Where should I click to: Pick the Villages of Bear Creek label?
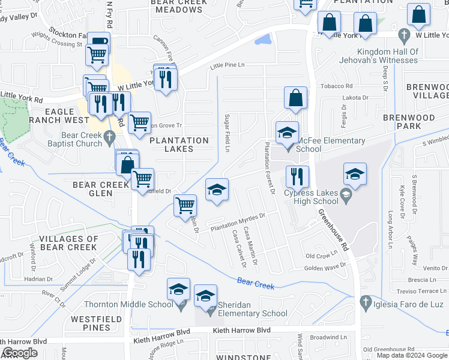click(68, 243)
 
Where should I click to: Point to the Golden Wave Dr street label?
click(325, 267)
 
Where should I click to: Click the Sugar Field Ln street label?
click(227, 133)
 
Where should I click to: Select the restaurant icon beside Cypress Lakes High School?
click(297, 177)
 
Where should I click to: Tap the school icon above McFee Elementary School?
click(287, 132)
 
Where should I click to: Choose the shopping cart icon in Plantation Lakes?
click(139, 122)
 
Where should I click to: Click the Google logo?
click(20, 353)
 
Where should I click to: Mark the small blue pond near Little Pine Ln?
click(262, 41)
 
